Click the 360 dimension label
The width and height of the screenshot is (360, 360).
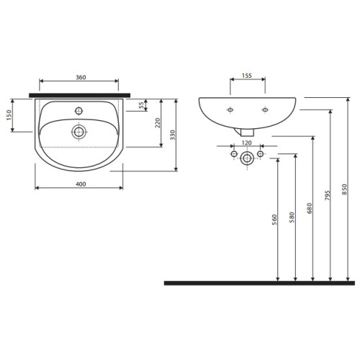(x=81, y=77)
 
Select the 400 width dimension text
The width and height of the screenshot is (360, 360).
(x=81, y=184)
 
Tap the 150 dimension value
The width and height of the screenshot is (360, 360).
(x=9, y=115)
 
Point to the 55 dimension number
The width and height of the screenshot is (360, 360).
(x=142, y=105)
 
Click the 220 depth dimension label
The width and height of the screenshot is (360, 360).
(x=158, y=123)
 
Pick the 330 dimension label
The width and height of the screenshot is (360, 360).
(x=173, y=135)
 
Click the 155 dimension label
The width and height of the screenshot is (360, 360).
(x=247, y=76)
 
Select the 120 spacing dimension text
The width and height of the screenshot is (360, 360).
(x=247, y=143)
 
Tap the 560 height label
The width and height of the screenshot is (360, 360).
(x=274, y=220)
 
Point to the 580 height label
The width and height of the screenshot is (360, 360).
(x=292, y=217)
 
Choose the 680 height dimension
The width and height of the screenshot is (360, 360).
(x=310, y=208)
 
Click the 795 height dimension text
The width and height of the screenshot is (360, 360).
(x=328, y=196)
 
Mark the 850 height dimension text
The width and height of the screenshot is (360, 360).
(x=345, y=189)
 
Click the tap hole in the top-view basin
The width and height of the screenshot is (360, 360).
(x=78, y=111)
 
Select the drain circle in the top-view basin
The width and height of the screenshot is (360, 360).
(x=79, y=132)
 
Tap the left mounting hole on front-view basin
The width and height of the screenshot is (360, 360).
(x=230, y=109)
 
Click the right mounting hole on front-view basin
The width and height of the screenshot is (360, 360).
(x=265, y=109)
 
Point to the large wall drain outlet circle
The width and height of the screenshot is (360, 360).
(x=247, y=158)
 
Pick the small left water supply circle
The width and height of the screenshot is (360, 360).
(x=234, y=154)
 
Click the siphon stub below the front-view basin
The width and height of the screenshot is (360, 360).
(x=244, y=132)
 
